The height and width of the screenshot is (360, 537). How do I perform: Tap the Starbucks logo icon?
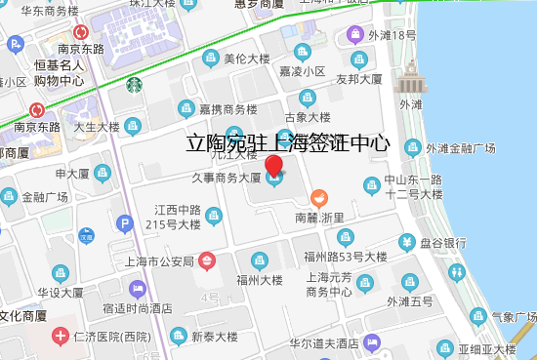133,84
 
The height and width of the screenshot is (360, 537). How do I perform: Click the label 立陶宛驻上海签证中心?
288,143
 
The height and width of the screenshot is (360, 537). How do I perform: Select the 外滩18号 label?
393,36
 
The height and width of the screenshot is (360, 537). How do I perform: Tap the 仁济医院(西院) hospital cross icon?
61,337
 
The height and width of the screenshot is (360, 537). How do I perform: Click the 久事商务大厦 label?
226,178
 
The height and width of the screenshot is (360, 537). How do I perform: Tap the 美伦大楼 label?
247,59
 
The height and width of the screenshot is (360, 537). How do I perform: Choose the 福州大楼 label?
259,280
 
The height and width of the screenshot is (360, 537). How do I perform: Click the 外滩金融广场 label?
461,148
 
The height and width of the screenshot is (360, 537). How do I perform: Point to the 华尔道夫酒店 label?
323,343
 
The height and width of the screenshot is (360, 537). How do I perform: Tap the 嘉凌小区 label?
303,71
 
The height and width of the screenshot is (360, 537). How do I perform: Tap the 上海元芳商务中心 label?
328,284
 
